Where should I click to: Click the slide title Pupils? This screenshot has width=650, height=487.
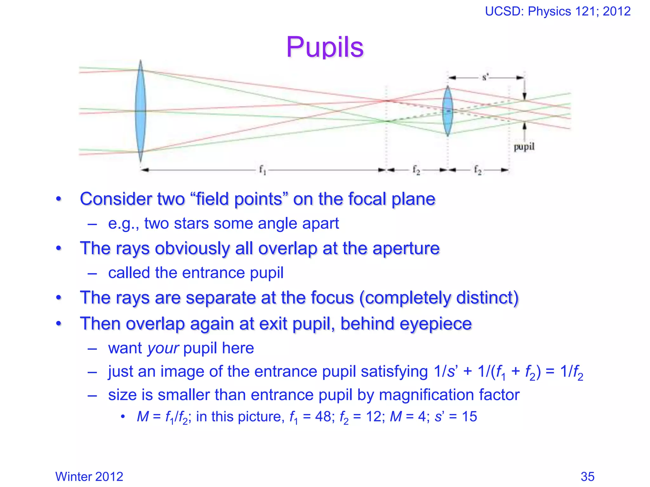(x=325, y=47)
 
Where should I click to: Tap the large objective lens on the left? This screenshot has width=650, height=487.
(x=140, y=111)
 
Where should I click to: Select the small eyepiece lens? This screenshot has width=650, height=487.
(x=448, y=111)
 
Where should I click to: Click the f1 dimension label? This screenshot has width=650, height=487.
(x=262, y=170)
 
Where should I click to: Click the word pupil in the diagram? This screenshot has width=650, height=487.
(x=524, y=147)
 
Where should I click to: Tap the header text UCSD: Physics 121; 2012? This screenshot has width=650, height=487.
(x=558, y=11)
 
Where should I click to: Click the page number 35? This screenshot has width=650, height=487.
(x=587, y=477)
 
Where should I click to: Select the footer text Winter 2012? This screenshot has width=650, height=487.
(x=89, y=477)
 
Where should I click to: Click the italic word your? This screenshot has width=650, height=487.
(x=163, y=348)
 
